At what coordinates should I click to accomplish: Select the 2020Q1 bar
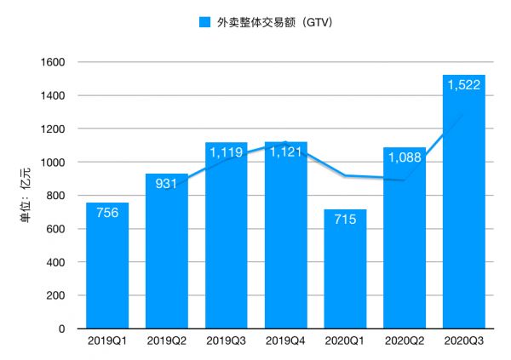[x=345, y=281]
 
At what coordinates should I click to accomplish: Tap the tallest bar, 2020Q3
[x=464, y=221]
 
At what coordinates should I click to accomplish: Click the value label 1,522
[x=464, y=88]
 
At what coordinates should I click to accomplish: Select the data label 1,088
[x=405, y=159]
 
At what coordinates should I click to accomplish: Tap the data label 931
[x=167, y=186]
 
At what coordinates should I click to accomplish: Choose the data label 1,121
[x=286, y=153]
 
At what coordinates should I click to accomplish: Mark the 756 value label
[x=107, y=214]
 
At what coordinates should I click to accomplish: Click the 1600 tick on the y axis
[x=54, y=62]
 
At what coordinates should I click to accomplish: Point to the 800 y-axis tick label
[x=57, y=196]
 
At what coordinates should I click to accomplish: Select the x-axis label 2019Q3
[x=227, y=341]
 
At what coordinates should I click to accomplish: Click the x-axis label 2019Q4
[x=286, y=341]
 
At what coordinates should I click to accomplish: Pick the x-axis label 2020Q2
[x=405, y=341]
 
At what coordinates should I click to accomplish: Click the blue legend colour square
[x=204, y=22]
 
